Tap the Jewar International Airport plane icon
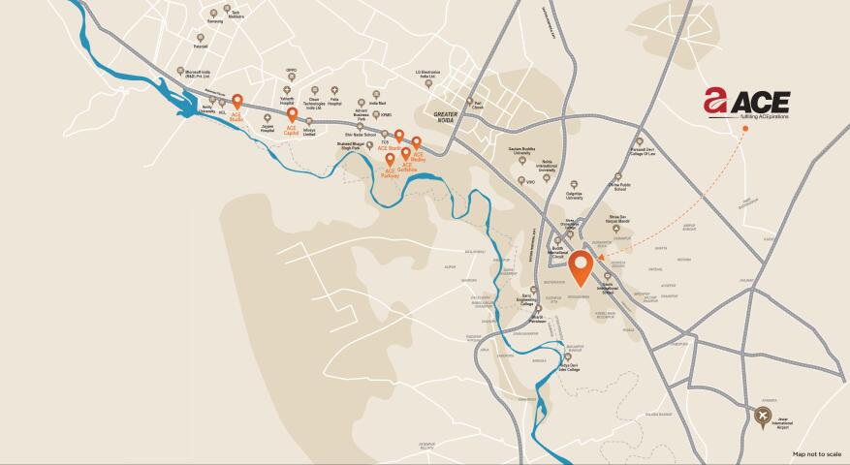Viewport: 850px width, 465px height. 763,417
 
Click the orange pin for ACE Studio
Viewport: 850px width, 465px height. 236,101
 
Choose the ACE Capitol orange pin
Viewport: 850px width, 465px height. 292,115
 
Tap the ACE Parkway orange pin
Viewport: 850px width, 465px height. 390,159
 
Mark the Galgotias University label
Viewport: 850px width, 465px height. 575,198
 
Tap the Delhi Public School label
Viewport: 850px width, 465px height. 620,185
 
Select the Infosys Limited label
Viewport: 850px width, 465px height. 309,134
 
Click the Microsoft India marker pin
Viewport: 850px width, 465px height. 180,72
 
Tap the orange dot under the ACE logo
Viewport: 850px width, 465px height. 746,128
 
